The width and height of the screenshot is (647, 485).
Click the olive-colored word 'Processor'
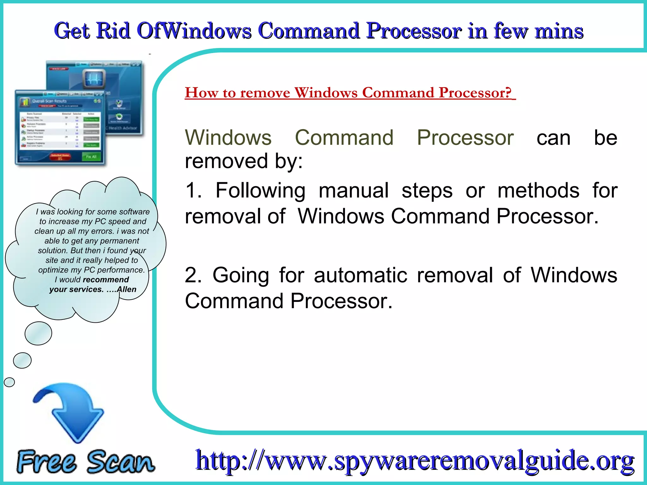pos(465,138)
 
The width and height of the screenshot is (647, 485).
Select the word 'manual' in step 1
pos(354,190)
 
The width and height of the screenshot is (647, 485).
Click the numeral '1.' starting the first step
pos(193,190)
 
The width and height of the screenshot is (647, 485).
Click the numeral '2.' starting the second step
pos(193,275)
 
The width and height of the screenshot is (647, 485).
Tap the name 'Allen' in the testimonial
pos(126,290)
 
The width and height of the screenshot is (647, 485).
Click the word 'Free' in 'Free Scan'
pos(47,462)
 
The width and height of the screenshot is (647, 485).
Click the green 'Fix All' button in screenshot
pos(91,157)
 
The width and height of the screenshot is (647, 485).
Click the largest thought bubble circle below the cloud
pos(38,333)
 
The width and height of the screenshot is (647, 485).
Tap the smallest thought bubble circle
pos(9,382)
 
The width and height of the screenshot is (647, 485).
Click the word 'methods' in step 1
pos(538,190)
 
